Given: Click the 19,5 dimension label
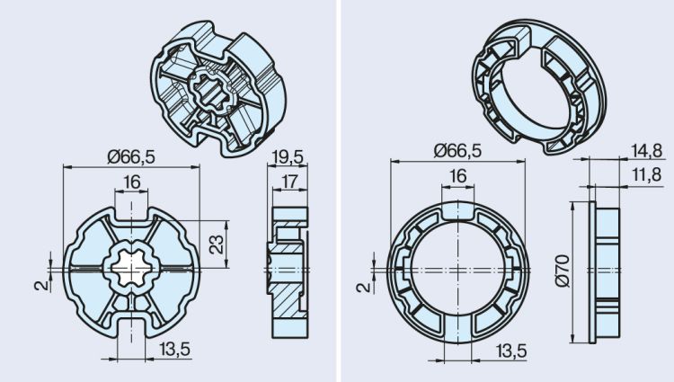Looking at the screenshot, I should pyautogui.click(x=288, y=156).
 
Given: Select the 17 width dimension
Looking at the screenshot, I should pyautogui.click(x=288, y=182).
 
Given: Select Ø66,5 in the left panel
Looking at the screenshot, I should pyautogui.click(x=131, y=156).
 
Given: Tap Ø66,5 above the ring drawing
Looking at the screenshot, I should pyautogui.click(x=457, y=151).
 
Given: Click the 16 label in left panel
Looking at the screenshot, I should pyautogui.click(x=132, y=182).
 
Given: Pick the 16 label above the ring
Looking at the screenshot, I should pyautogui.click(x=457, y=177).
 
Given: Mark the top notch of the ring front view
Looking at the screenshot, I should pyautogui.click(x=457, y=209).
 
